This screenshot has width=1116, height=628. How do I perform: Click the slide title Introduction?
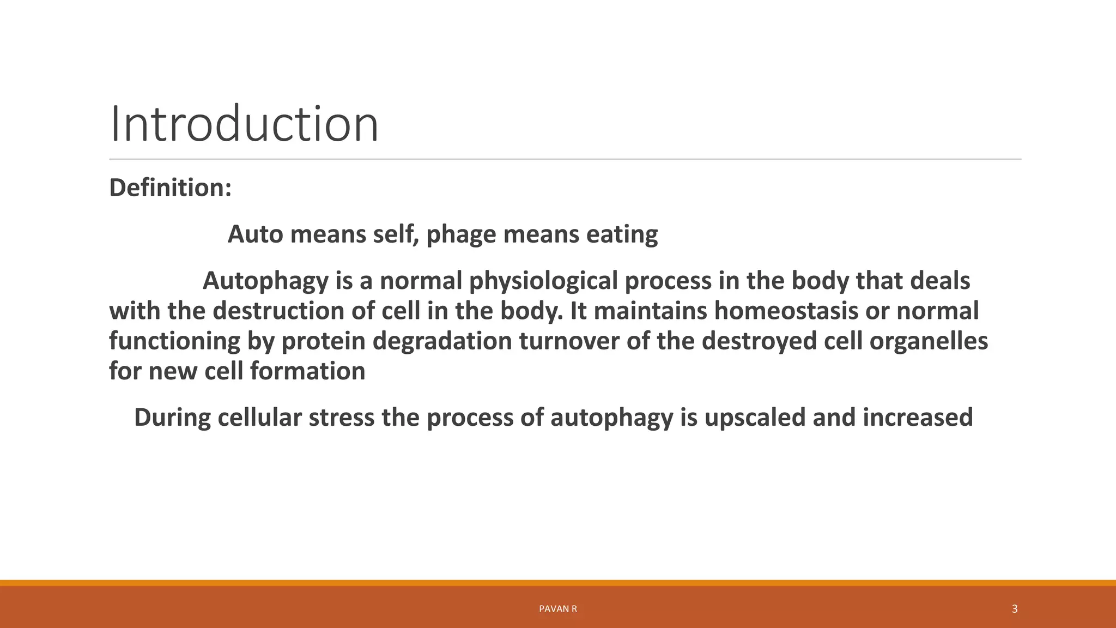click(x=244, y=124)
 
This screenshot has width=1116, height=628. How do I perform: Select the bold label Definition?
click(x=171, y=188)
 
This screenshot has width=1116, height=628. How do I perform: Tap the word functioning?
click(x=174, y=342)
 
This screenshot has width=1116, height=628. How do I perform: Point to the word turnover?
click(x=568, y=341)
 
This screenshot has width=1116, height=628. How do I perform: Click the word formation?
click(x=308, y=371)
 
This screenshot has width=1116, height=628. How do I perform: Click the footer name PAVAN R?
click(x=557, y=609)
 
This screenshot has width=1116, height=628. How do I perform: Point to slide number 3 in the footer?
click(x=1014, y=609)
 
